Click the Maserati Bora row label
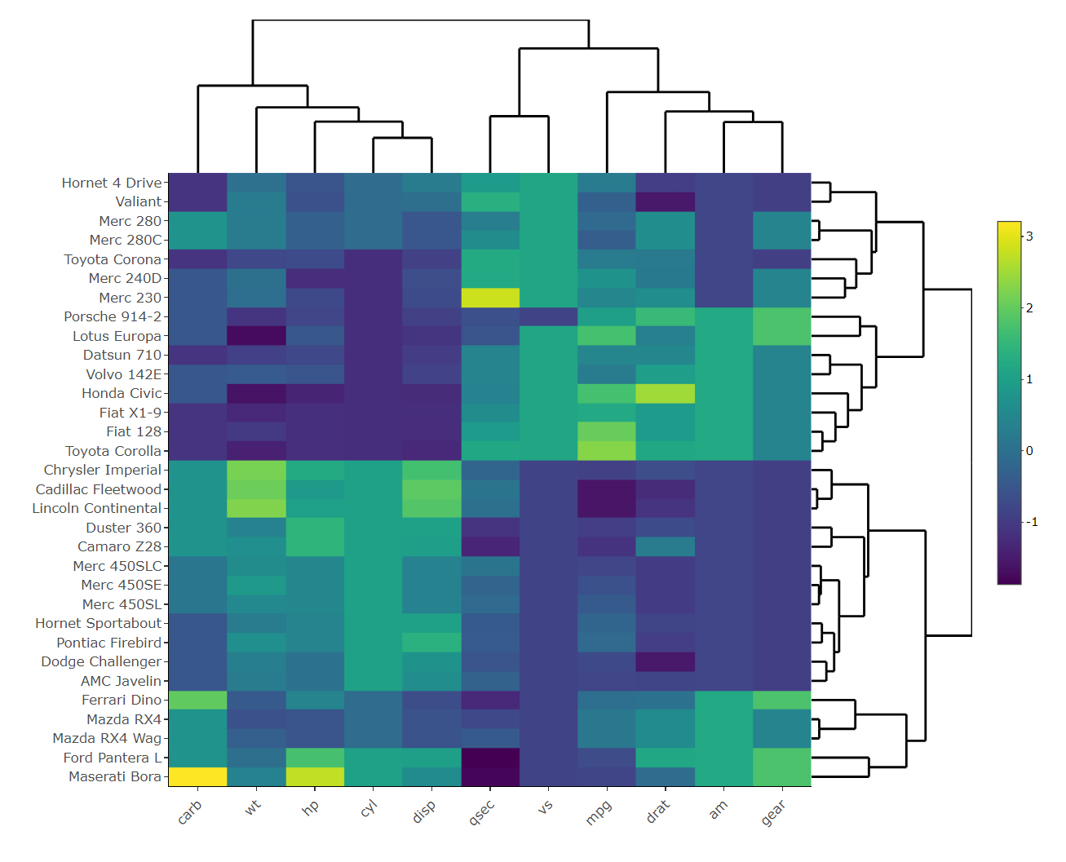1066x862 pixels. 114,776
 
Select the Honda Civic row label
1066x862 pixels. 122,393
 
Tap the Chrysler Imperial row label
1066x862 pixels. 103,470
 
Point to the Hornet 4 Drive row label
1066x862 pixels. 112,183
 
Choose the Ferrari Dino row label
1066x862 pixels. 122,700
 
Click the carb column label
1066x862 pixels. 189,812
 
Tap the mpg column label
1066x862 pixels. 598,812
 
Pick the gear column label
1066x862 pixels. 773,812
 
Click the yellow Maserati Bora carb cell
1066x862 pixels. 197,776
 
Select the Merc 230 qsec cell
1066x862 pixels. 490,298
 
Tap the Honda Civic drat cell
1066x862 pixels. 666,393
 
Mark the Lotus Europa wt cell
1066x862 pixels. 256,336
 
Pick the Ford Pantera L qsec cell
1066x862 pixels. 490,758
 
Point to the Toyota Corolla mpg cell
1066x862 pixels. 607,451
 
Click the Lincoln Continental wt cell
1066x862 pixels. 256,508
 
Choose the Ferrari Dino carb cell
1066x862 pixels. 197,700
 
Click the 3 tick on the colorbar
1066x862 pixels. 1029,236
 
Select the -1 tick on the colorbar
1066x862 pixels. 1032,522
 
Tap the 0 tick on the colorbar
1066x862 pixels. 1029,451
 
